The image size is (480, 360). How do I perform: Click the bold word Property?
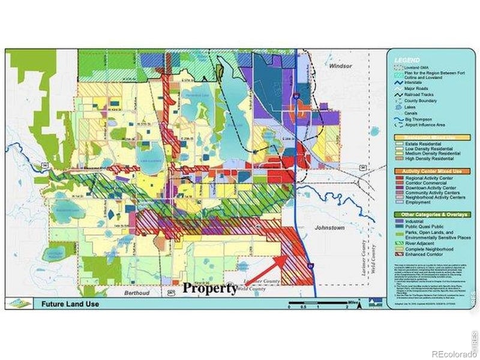tap(209, 288)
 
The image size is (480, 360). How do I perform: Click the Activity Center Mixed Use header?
tap(427, 171)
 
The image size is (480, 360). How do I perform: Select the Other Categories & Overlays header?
tap(427, 214)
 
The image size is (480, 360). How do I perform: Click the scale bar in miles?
tap(317, 303)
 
